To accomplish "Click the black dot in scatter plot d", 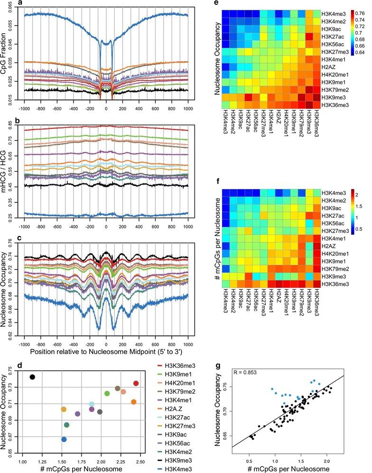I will tap(32, 377).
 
